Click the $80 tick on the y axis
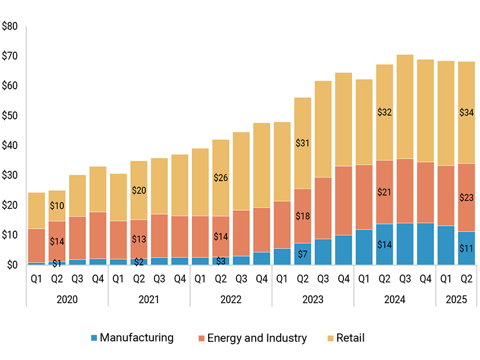point(10,26)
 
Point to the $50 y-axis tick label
point(10,116)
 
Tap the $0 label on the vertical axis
point(12,265)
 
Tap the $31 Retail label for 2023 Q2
point(302,142)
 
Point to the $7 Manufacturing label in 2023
point(302,254)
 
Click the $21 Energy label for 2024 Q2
point(385,192)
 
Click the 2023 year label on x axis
point(313,300)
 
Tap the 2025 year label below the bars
point(456,300)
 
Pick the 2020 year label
point(67,300)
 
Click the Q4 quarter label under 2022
point(262,279)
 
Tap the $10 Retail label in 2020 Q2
point(56,205)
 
